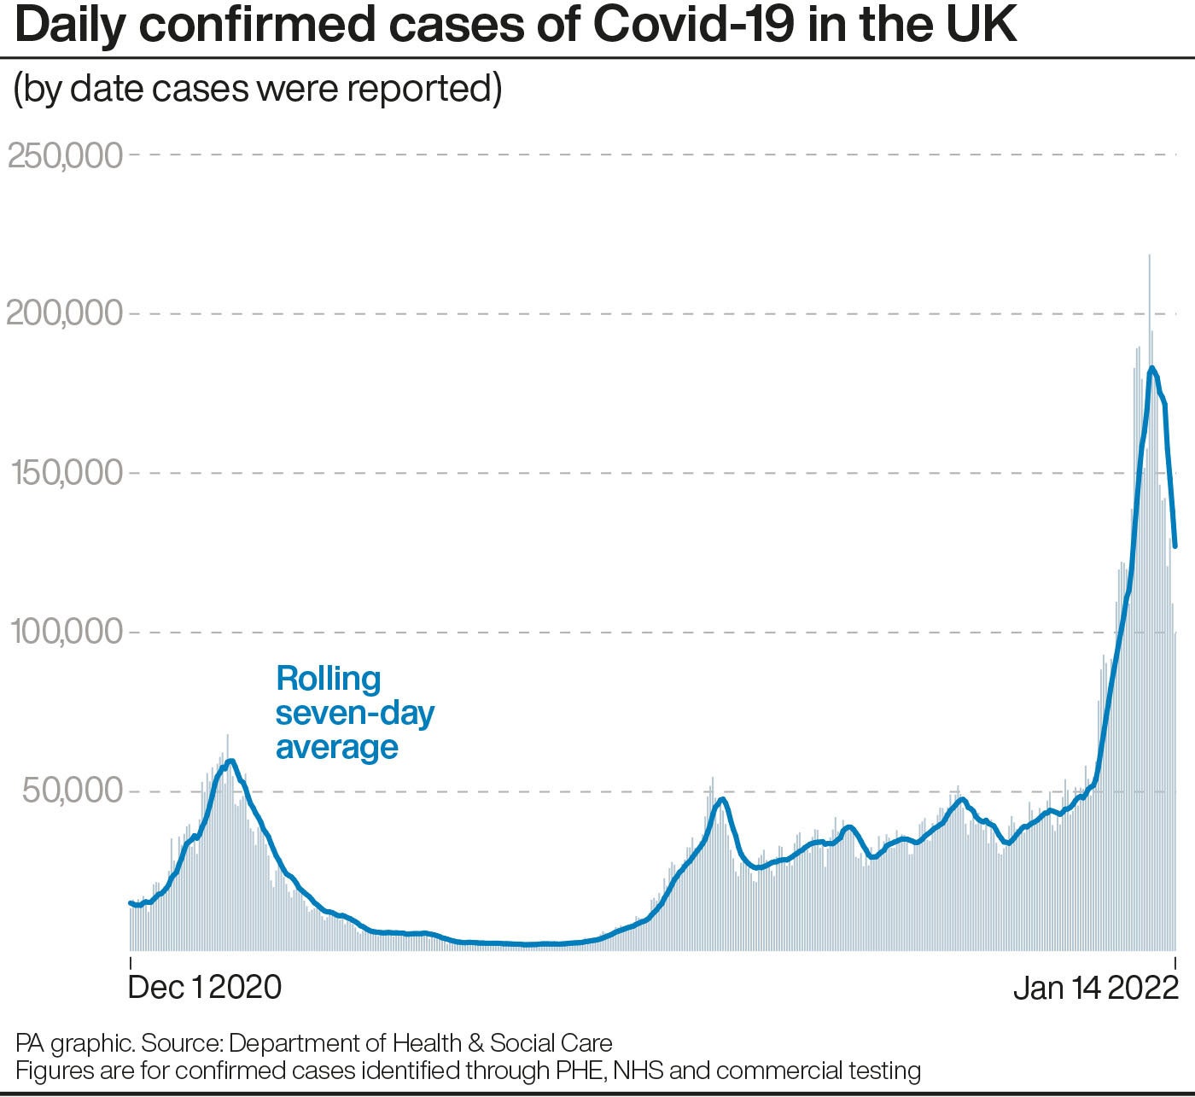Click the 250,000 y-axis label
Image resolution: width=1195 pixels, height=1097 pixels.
66,155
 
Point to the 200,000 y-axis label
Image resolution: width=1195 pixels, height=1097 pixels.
66,314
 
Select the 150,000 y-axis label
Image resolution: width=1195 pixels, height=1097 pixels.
67,473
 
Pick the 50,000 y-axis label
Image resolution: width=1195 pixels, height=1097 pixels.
73,791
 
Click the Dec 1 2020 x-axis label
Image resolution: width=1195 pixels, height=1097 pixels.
205,987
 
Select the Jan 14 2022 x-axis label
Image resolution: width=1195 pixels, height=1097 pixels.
1095,988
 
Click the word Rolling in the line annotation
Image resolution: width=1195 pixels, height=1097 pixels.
329,679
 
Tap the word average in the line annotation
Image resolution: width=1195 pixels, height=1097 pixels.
337,747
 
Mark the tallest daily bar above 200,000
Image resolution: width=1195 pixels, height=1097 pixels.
1150,256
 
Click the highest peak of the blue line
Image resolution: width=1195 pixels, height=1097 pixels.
1151,368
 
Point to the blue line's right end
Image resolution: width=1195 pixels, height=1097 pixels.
1175,546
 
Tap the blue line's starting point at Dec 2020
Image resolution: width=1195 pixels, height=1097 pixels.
131,902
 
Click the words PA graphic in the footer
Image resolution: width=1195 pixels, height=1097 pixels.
74,1043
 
